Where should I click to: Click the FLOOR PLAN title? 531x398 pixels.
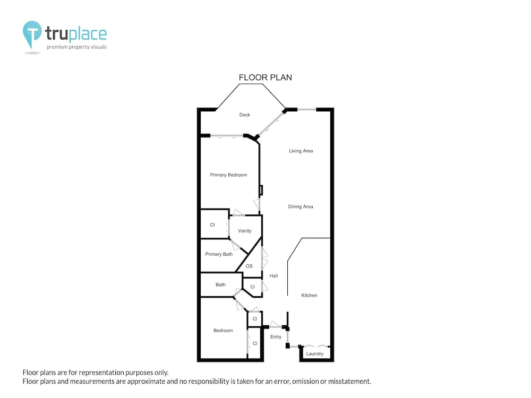265,77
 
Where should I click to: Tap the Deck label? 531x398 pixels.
244,115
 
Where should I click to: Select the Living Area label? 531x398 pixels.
301,151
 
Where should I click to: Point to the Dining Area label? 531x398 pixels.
301,206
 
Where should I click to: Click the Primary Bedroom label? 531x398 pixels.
228,175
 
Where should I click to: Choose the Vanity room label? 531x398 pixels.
244,231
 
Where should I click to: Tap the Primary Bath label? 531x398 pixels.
219,254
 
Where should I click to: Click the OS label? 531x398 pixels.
249,266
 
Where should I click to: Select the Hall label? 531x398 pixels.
273,276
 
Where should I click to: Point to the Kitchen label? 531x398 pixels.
309,296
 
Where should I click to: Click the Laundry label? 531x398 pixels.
314,353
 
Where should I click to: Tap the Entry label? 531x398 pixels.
276,337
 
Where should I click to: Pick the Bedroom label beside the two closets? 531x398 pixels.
223,330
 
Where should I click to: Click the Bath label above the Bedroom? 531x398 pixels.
220,284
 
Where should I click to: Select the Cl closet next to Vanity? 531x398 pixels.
212,224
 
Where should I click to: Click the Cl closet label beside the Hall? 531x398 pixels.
252,287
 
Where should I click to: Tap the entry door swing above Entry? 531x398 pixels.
275,324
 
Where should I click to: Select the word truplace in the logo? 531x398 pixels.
76,34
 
